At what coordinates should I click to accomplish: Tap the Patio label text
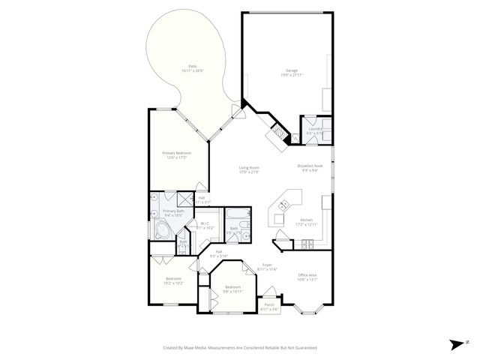pos(193,66)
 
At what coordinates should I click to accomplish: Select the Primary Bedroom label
pos(177,153)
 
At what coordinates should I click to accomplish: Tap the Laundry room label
pos(316,129)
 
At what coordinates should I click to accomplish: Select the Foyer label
pos(267,265)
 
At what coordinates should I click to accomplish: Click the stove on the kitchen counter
pos(307,244)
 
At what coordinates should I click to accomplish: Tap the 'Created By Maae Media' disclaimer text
pos(240,348)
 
